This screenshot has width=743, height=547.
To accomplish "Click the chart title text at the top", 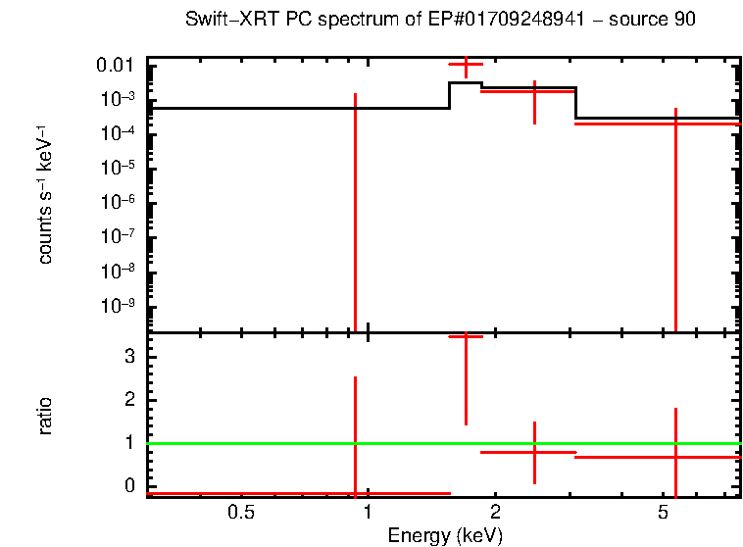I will pyautogui.click(x=440, y=21).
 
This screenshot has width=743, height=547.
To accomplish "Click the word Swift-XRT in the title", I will pyautogui.click(x=223, y=21).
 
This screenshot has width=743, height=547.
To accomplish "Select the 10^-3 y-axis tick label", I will pyautogui.click(x=119, y=99).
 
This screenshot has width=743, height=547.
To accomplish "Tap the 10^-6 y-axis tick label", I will pyautogui.click(x=119, y=202).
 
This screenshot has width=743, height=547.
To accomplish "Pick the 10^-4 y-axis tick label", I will pyautogui.click(x=119, y=133).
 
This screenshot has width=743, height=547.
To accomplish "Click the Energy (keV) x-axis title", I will pyautogui.click(x=445, y=535).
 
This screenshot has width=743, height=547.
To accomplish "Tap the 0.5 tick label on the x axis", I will pyautogui.click(x=240, y=512).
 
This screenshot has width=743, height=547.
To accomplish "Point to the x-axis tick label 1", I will pyautogui.click(x=368, y=512).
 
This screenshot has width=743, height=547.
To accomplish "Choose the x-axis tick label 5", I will pyautogui.click(x=663, y=512).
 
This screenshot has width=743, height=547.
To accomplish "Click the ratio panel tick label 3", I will pyautogui.click(x=127, y=357).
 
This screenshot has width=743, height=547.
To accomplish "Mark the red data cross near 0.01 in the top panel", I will pyautogui.click(x=466, y=65).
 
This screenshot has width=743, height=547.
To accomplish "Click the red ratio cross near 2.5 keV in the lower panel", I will pyautogui.click(x=534, y=452).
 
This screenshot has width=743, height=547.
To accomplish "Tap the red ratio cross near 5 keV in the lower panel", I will pyautogui.click(x=675, y=457).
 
